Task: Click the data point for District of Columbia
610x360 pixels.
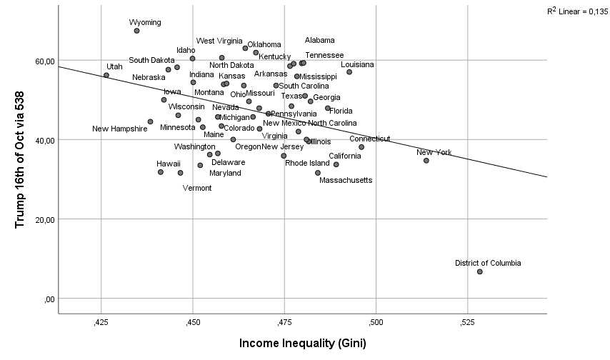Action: click(x=480, y=271)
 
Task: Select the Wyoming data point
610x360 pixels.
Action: click(x=136, y=31)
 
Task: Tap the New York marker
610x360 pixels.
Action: click(x=426, y=161)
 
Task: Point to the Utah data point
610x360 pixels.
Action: click(x=106, y=75)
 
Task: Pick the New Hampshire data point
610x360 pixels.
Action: click(x=150, y=121)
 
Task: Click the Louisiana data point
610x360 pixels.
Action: click(x=349, y=72)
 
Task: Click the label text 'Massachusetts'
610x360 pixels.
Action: click(x=346, y=181)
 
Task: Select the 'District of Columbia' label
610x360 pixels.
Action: click(x=488, y=263)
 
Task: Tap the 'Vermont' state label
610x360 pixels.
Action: click(x=197, y=188)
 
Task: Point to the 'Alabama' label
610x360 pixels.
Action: click(x=319, y=41)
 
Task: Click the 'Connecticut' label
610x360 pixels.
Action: click(x=370, y=139)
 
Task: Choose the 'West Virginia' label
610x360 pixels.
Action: click(x=220, y=41)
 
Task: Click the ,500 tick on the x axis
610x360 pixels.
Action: click(x=376, y=323)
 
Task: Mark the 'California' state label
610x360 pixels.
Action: click(x=345, y=156)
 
